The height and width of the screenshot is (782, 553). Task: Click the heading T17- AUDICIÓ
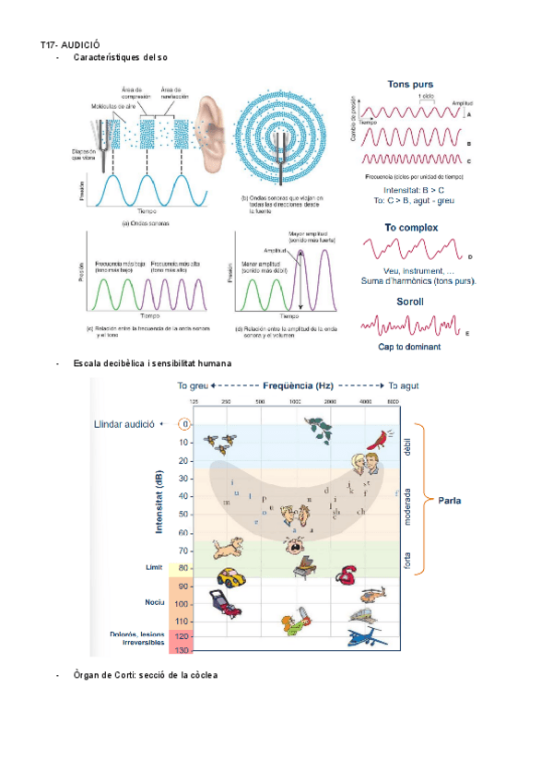70,43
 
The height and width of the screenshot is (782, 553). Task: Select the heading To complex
411,227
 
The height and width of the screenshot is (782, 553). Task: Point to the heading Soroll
410,301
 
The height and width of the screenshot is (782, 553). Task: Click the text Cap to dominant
409,347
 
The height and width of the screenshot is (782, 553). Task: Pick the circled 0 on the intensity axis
184,424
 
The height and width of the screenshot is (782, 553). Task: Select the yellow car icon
229,578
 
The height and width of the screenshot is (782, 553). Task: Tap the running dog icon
227,548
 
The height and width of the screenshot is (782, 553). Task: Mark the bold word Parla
449,501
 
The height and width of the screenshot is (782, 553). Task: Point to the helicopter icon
373,596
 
